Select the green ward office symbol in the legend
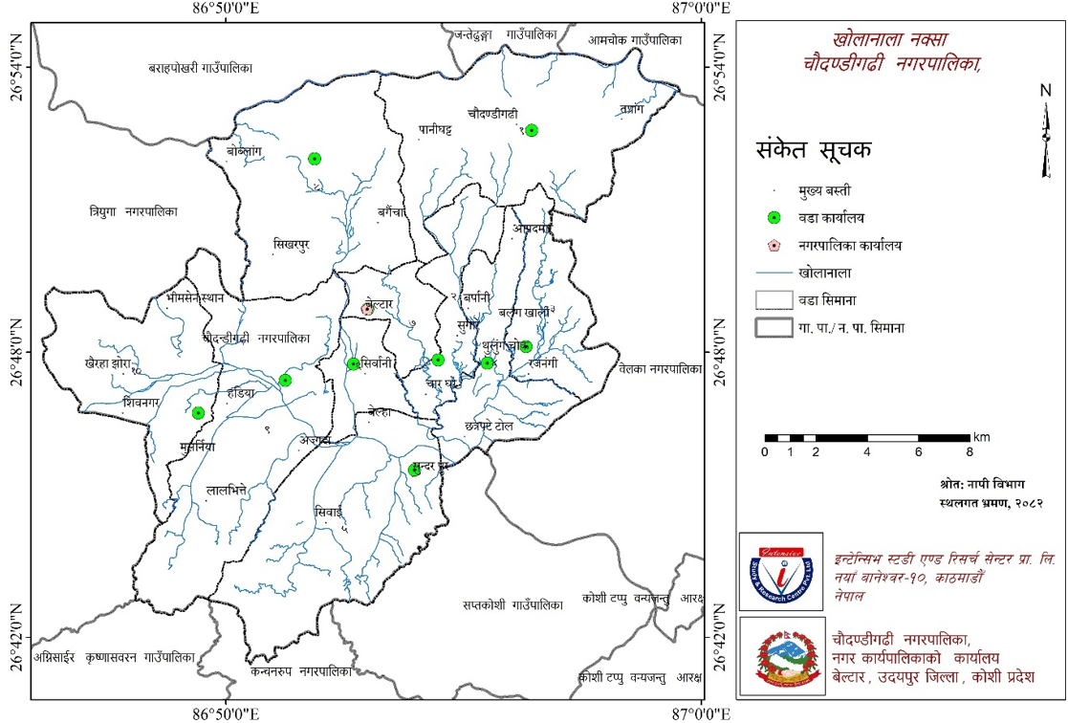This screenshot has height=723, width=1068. click(775, 218)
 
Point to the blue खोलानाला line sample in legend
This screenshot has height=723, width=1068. click(775, 274)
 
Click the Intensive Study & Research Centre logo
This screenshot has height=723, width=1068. click(779, 572)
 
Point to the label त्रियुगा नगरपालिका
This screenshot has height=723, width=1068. click(133, 210)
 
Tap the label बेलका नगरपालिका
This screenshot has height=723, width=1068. click(660, 368)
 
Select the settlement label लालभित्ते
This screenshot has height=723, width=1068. click(227, 490)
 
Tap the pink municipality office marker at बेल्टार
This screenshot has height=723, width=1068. click(367, 309)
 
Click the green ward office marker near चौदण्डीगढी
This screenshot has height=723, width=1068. click(532, 130)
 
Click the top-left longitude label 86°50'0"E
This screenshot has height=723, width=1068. click(227, 9)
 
